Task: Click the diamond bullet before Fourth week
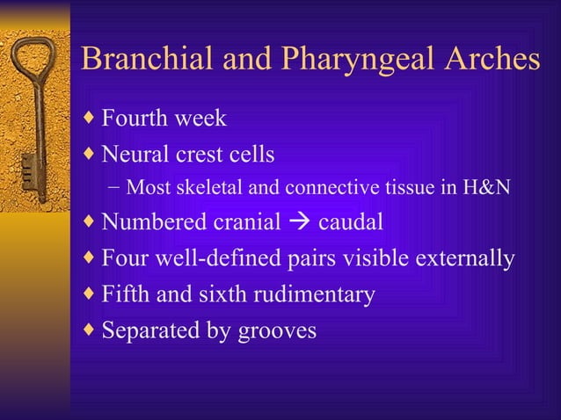pos(89,118)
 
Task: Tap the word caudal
pos(350,222)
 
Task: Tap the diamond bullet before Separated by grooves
pos(89,331)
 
